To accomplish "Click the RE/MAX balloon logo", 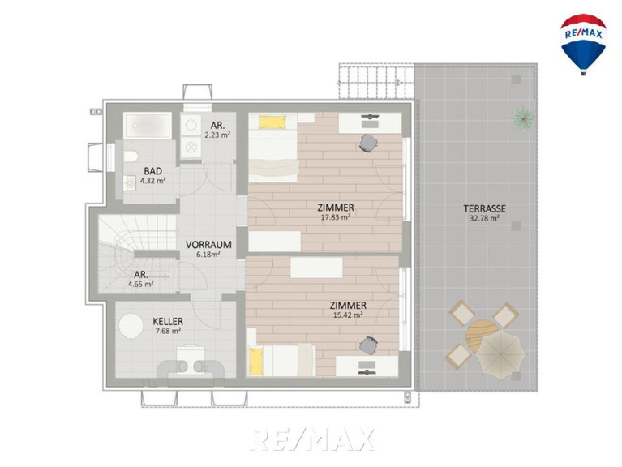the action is point(583,44).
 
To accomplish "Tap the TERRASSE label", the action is point(484,208).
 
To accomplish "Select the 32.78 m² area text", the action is point(484,218).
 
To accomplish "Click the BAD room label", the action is point(152,171).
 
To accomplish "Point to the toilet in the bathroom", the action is point(131,156).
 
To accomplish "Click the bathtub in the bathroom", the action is point(147,126).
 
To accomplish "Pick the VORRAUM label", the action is point(208,245).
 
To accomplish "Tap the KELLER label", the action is point(168,322).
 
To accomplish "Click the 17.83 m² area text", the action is point(335,216).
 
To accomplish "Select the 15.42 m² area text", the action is point(348,315).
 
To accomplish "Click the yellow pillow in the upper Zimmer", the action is point(272,122).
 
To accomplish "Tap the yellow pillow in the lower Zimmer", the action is point(256,360).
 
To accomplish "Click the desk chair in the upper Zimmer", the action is point(368,143).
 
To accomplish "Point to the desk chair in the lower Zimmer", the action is point(368,345).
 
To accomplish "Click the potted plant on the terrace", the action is point(524,118).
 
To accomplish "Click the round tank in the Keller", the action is point(131,326).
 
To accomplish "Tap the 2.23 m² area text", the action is point(217,135).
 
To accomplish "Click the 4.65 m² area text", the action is point(141,284).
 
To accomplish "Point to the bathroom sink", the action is point(129,183).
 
